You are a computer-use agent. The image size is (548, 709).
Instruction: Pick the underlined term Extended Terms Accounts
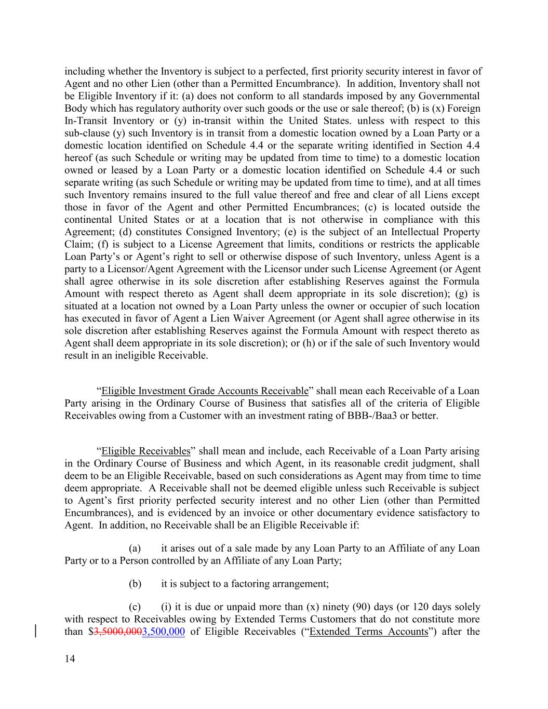pyautogui.click(x=368, y=632)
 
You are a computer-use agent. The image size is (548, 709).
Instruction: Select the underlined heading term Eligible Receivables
pyautogui.click(x=146, y=451)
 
